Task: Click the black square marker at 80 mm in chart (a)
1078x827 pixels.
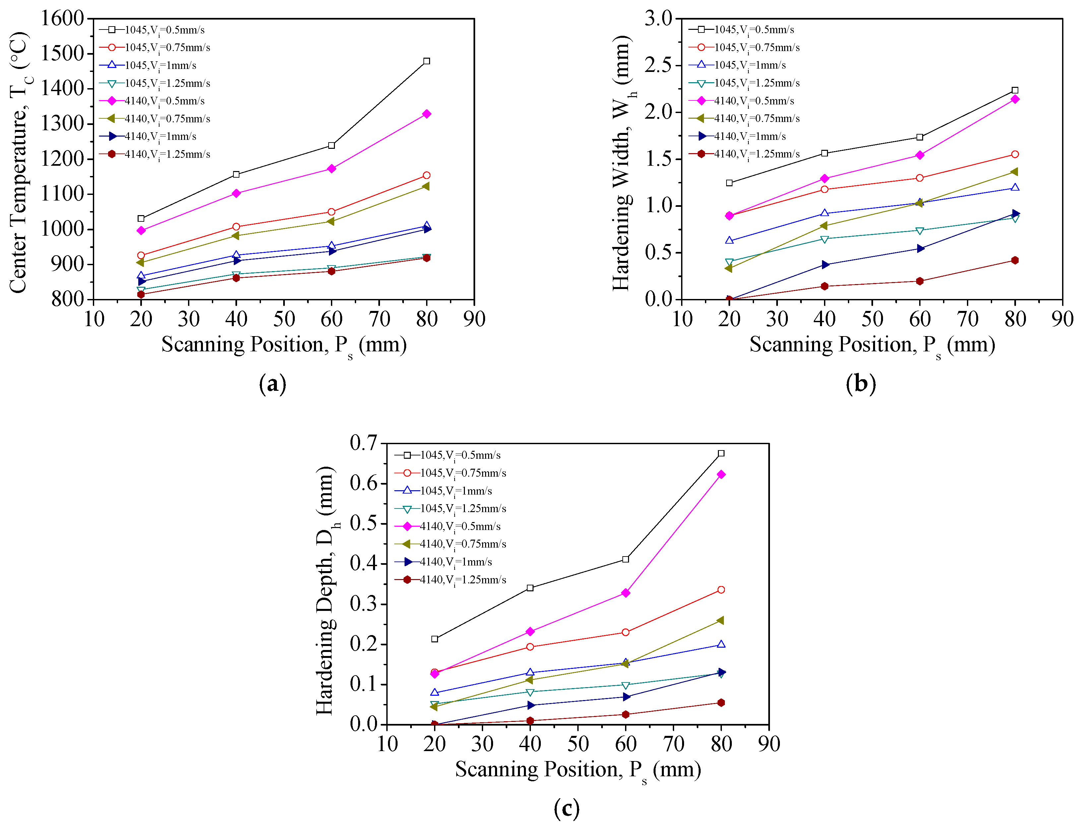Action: point(426,61)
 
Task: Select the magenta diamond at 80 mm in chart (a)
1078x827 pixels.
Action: point(426,114)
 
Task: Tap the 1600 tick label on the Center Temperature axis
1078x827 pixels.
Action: point(62,18)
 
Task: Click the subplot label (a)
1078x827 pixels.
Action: point(272,384)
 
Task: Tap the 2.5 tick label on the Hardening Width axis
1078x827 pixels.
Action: point(659,65)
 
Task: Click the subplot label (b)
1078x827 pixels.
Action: point(861,384)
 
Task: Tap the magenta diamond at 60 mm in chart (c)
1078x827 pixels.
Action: point(625,593)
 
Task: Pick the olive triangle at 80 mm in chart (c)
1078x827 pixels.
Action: point(721,620)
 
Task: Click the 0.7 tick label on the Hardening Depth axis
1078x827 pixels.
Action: point(363,443)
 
